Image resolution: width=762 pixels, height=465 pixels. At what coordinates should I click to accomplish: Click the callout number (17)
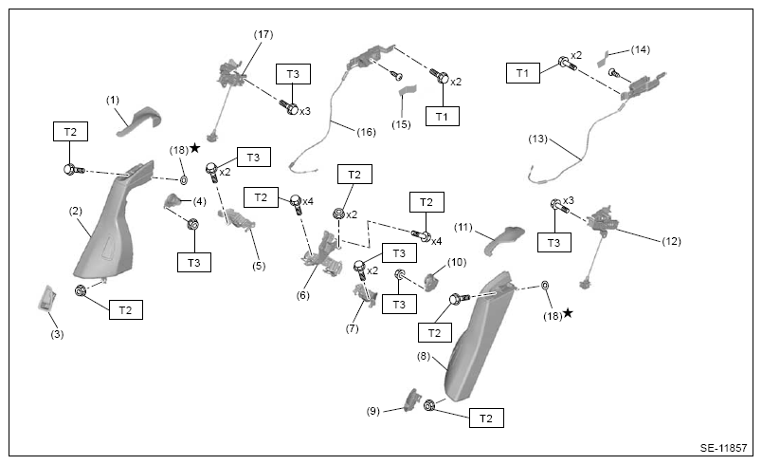(x=263, y=34)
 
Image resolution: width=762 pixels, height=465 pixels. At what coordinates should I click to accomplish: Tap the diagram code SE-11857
(x=723, y=448)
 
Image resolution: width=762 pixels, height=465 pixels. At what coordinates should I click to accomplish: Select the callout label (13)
(x=538, y=139)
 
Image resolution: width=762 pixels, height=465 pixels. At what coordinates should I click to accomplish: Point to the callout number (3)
(x=58, y=334)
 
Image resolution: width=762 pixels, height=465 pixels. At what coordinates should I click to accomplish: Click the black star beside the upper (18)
(x=195, y=148)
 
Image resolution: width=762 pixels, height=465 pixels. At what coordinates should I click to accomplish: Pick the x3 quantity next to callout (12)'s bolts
(x=569, y=201)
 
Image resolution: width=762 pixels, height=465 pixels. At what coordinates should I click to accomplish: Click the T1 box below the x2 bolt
(x=443, y=116)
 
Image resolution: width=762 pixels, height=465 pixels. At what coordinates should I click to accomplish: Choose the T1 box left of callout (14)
(x=523, y=73)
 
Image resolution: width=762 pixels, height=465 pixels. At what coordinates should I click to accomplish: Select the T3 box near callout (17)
(x=293, y=74)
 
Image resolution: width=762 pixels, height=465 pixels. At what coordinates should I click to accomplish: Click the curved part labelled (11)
(x=504, y=239)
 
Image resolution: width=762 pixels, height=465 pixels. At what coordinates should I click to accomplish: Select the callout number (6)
(x=302, y=295)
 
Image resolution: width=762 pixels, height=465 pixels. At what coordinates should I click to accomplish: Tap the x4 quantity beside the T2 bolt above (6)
(x=308, y=201)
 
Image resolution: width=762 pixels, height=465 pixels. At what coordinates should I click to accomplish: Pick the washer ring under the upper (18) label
(x=184, y=180)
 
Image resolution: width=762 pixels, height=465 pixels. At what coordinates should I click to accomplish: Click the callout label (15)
(x=402, y=124)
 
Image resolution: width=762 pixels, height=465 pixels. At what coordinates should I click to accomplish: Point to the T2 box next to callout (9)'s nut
(x=486, y=418)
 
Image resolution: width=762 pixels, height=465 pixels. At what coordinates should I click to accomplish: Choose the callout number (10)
(x=456, y=262)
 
